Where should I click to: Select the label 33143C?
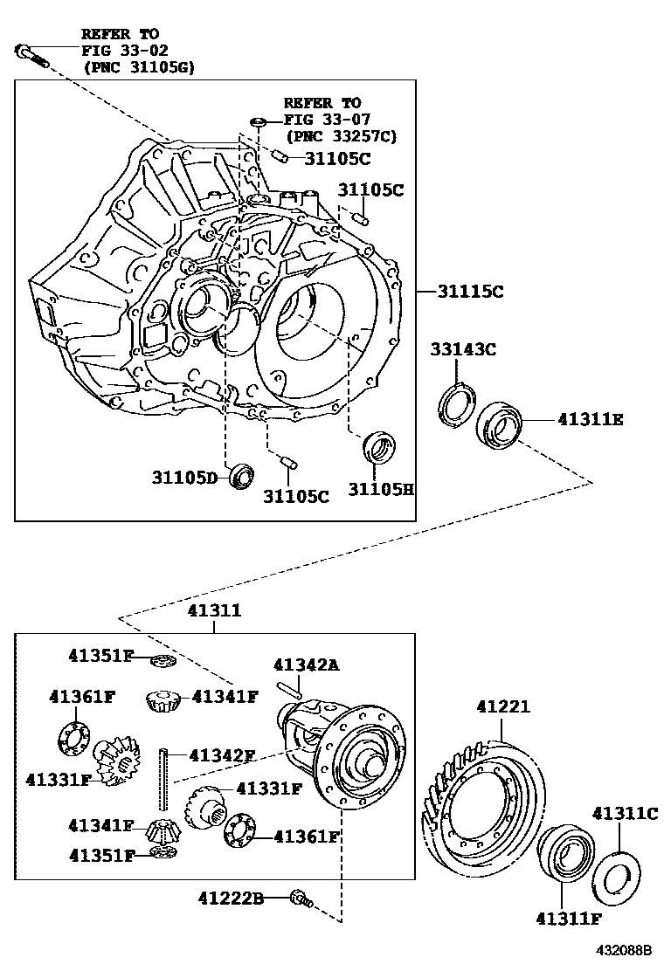(x=463, y=350)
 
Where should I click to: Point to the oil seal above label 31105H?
(x=380, y=447)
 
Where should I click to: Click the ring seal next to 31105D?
(x=241, y=477)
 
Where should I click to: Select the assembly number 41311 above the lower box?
(x=213, y=611)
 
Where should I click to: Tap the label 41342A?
(x=306, y=665)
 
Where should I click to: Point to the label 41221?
(x=503, y=706)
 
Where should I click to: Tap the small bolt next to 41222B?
(x=301, y=897)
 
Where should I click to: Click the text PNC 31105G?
(x=139, y=66)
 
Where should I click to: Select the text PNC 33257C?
(x=342, y=135)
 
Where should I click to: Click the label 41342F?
(x=222, y=755)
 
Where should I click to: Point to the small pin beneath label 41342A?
(x=289, y=689)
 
